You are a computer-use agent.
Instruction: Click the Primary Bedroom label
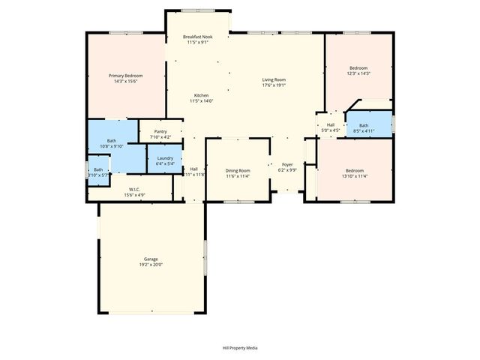click(125, 76)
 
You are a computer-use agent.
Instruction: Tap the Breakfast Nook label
click(198, 37)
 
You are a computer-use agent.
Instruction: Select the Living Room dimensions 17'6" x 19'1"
click(274, 85)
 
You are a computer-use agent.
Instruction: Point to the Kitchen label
click(201, 95)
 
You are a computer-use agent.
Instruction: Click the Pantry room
click(160, 133)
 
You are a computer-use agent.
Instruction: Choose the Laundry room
click(165, 160)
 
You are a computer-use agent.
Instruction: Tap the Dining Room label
click(238, 171)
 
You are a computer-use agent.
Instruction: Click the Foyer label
click(287, 164)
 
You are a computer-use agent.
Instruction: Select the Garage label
click(151, 259)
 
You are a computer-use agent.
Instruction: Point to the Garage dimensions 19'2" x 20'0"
click(151, 265)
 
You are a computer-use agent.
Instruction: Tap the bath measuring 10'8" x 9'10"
click(112, 143)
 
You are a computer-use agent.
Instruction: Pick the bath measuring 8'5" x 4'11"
click(364, 128)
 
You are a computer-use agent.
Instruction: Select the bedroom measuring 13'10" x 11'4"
click(355, 172)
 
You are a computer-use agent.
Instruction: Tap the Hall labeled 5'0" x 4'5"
click(331, 127)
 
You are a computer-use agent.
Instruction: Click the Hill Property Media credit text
click(240, 348)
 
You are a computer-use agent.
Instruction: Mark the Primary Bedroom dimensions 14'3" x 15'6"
click(125, 81)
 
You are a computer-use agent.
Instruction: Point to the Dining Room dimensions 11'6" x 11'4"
click(238, 176)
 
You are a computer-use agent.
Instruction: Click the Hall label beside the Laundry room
click(193, 169)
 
